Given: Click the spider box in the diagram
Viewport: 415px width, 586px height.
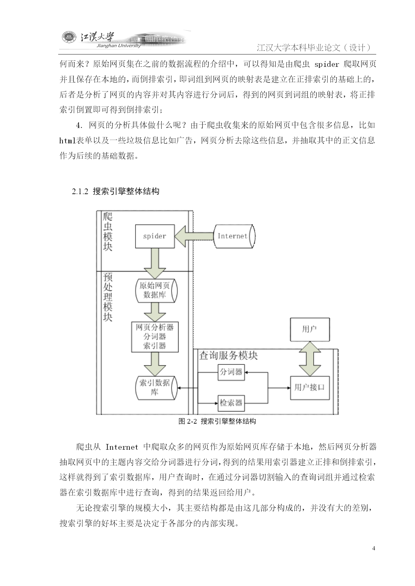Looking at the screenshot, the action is pos(155,236).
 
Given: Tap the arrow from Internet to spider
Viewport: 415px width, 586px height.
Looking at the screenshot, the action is pos(194,236).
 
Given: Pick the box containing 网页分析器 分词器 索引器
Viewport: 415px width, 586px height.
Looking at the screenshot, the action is pos(155,337).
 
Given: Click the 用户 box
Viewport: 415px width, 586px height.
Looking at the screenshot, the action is pos(310,329).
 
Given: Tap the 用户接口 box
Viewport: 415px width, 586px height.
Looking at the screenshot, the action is pos(310,388).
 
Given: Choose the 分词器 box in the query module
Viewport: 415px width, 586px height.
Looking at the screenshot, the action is pos(231,372).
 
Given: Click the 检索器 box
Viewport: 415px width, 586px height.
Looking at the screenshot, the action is pos(231,403).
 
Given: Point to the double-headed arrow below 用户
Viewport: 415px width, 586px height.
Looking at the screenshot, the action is pos(310,359).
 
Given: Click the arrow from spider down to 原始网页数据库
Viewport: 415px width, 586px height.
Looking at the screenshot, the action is pos(155,264).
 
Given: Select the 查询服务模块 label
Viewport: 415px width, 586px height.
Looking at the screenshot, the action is pos(228,355).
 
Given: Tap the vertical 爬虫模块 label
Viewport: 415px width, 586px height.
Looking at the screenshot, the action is pos(108,232).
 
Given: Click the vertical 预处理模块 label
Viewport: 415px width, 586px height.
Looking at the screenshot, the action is pos(108,297).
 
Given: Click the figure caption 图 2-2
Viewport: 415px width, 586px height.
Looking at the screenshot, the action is pos(187,421).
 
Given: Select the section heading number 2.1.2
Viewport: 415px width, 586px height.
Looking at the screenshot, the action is pos(80,191).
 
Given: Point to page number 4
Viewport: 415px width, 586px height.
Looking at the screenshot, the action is pos(374,548).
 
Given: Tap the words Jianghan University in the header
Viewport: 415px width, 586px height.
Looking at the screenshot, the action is pos(118,46).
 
